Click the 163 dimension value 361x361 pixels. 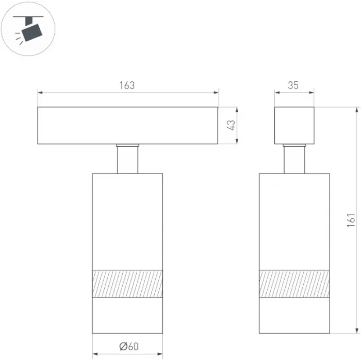127,85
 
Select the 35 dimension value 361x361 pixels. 293,85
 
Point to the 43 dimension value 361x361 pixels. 231,125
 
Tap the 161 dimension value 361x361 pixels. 351,220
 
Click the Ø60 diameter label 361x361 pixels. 129,346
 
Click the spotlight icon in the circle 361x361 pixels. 28,29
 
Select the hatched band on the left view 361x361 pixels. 128,284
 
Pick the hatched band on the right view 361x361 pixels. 294,284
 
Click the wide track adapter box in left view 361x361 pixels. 128,125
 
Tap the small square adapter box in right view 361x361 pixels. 294,125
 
